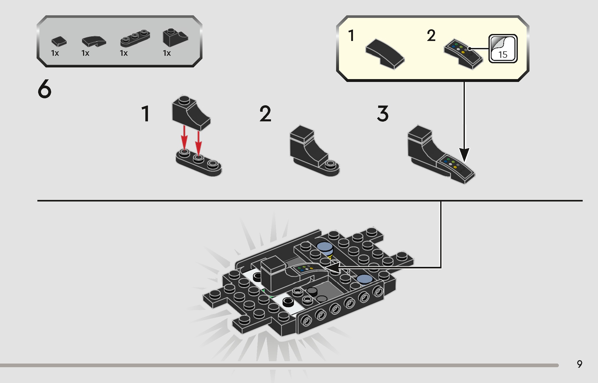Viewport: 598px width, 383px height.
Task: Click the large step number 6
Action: [x=44, y=89]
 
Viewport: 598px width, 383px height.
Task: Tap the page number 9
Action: [x=580, y=364]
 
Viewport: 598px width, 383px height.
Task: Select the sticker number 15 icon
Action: [x=503, y=48]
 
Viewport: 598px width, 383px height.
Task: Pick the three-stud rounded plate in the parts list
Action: [x=135, y=38]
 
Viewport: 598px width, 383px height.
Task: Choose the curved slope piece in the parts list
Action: [x=94, y=41]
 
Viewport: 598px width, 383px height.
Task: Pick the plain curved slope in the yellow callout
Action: [x=385, y=54]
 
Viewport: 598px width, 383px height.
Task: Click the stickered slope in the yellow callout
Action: [x=464, y=54]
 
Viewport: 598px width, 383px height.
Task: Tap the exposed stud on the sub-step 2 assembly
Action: [x=330, y=164]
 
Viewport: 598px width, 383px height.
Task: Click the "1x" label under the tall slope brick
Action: [x=167, y=53]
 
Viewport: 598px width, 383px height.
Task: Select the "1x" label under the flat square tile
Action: [x=55, y=53]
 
